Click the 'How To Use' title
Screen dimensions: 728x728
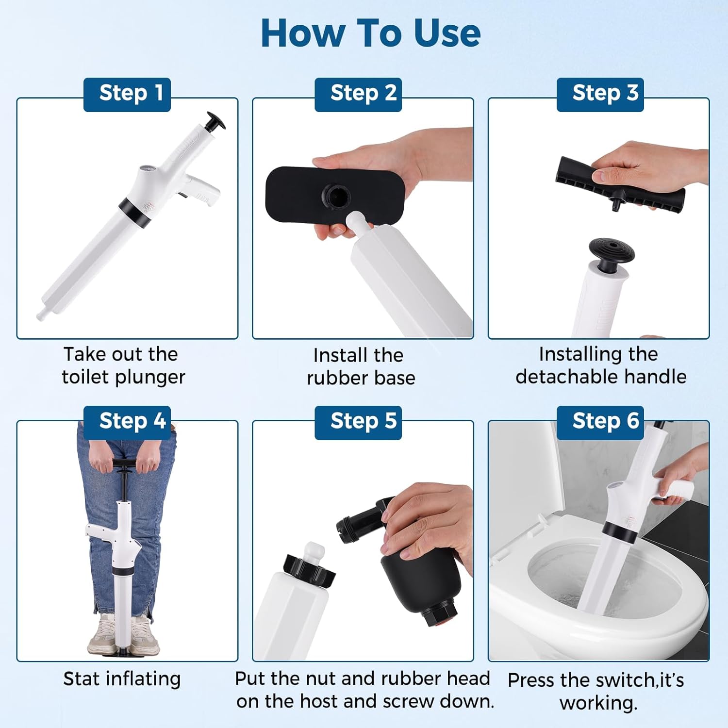pos(371,33)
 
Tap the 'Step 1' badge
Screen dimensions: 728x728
pos(127,95)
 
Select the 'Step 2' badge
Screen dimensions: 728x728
pos(358,95)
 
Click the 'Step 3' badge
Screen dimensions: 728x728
pos(600,95)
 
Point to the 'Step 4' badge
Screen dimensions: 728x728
pos(127,422)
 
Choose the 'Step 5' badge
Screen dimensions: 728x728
pos(358,422)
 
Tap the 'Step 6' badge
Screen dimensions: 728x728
pos(600,422)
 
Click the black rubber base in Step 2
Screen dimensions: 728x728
pos(334,194)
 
